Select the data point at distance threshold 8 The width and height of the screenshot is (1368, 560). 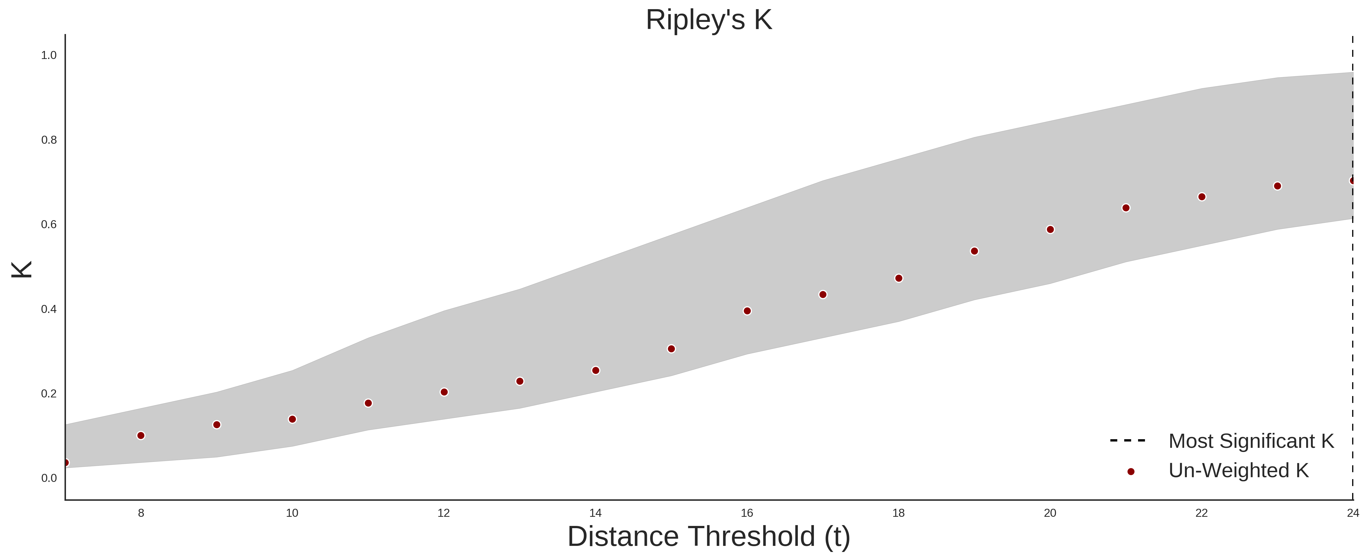141,435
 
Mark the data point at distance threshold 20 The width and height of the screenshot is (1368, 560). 1050,229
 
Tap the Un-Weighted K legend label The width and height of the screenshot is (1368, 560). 1238,470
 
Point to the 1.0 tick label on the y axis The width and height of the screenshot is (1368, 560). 49,55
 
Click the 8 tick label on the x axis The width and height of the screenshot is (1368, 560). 141,513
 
